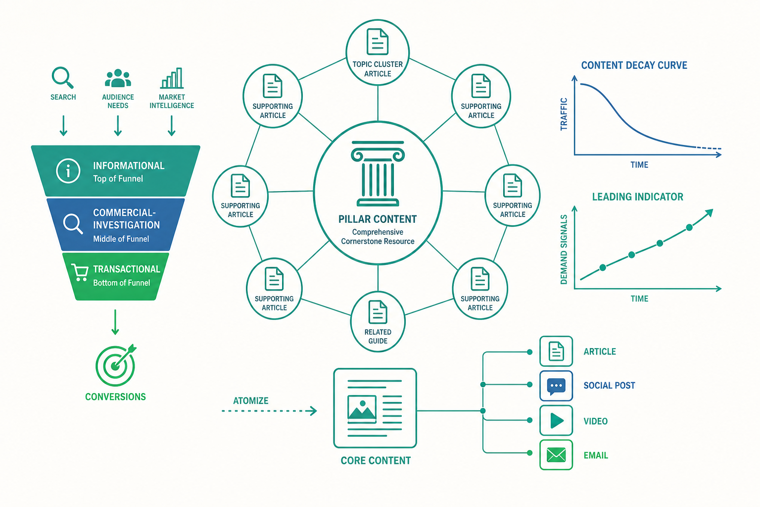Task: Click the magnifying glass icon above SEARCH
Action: [x=62, y=77]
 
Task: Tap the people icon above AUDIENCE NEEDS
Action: [x=118, y=78]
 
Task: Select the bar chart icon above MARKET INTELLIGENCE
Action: [x=172, y=78]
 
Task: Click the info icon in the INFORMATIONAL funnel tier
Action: [x=68, y=171]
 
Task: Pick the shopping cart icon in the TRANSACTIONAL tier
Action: [x=80, y=272]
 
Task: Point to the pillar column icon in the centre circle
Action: [x=378, y=173]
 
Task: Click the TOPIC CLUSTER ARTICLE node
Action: [x=378, y=52]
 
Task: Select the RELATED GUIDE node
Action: [x=378, y=322]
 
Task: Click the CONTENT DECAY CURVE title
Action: [x=634, y=65]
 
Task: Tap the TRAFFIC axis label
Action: [x=564, y=114]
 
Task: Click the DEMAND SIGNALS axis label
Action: [x=564, y=249]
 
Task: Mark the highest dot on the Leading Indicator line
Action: [x=689, y=228]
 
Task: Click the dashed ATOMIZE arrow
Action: [x=269, y=411]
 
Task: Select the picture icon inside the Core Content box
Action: [x=362, y=409]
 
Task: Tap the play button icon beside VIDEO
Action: [x=557, y=421]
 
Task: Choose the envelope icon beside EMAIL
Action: [x=556, y=455]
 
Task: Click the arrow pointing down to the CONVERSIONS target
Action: [x=115, y=322]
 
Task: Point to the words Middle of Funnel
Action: [x=121, y=239]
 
